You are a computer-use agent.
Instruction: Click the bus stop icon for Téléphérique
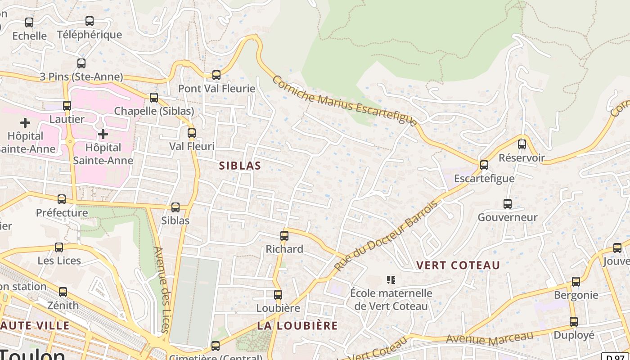90,21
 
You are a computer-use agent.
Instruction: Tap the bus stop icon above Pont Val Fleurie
216,75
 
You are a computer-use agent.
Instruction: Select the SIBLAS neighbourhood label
240,166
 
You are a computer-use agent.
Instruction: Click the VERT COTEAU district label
458,265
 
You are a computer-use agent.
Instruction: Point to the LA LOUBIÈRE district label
297,325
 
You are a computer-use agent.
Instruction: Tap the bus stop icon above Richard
284,236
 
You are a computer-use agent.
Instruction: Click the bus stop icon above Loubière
278,295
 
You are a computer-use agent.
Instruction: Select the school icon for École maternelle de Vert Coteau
391,280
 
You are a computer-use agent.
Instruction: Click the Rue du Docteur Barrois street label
386,236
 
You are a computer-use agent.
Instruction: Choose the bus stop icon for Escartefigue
484,165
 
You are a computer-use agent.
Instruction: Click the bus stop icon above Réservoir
522,144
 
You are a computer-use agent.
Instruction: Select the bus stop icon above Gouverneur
508,204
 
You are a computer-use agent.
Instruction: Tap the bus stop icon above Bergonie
576,282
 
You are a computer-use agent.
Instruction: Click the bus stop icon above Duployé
574,322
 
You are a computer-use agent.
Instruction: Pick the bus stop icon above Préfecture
62,199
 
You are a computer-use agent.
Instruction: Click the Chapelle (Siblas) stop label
154,111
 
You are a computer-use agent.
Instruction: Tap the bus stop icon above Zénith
63,292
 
